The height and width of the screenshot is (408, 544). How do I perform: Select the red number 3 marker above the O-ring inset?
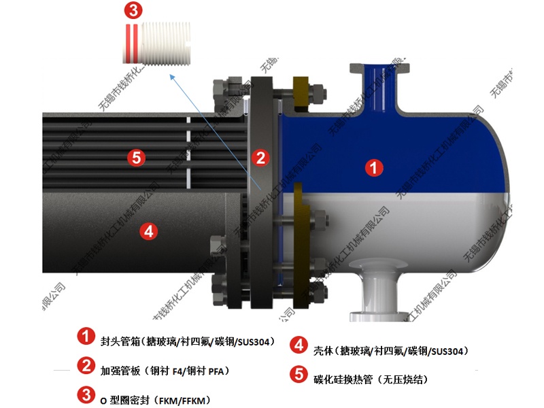click(x=133, y=10)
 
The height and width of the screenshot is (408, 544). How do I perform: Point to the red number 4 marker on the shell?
click(x=149, y=231)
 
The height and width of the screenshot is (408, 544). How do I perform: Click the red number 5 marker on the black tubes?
click(x=136, y=158)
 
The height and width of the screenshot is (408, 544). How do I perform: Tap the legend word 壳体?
click(x=322, y=351)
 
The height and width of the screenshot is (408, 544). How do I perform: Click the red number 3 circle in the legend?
click(x=86, y=394)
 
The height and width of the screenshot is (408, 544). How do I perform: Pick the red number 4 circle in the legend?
click(x=298, y=346)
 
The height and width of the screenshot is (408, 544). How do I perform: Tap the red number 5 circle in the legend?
click(x=298, y=374)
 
